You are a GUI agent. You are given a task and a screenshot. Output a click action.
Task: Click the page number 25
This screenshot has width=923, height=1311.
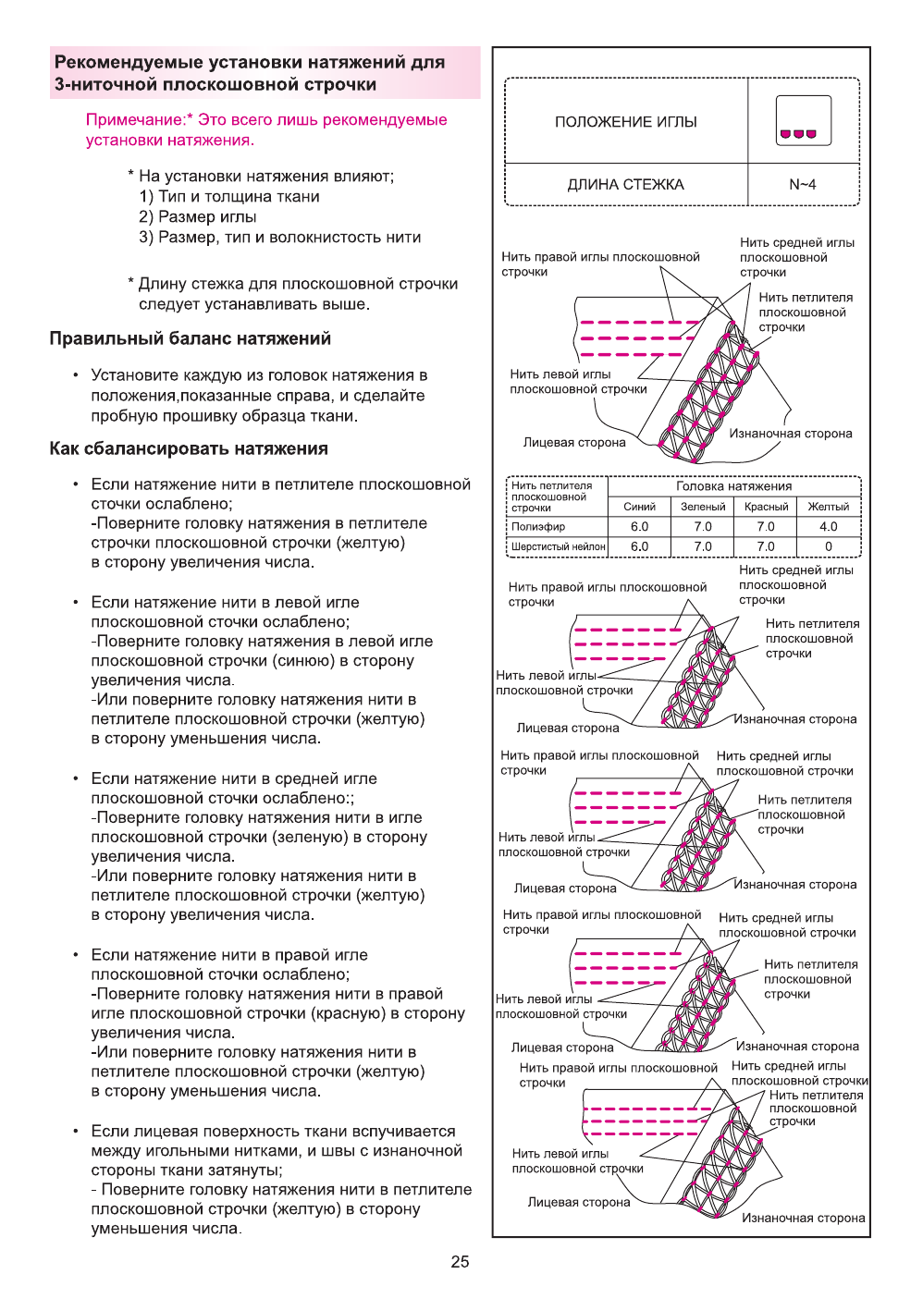coord(460,1261)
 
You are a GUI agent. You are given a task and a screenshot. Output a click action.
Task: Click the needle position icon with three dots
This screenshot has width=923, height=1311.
coord(803,121)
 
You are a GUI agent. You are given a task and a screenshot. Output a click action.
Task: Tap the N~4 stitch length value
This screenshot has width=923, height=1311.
coord(802,184)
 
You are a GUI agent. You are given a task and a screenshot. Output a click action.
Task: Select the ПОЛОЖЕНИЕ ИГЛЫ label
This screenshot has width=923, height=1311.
coord(625,122)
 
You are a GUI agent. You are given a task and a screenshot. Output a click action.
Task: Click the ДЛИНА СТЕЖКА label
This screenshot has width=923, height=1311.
coord(625,184)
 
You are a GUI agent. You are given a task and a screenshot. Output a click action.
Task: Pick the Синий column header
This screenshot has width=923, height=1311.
coord(639,507)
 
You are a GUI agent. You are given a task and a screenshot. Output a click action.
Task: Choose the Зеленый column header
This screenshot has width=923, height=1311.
coord(703,507)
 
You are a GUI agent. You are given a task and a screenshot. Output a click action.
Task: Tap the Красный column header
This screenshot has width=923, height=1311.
coord(766,507)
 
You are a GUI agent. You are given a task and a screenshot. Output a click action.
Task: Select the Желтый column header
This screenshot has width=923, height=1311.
coord(828,507)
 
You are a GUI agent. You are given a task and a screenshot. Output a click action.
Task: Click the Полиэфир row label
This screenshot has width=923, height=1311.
coord(537,526)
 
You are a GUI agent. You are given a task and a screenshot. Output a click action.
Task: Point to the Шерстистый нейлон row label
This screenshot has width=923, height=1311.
coord(558,546)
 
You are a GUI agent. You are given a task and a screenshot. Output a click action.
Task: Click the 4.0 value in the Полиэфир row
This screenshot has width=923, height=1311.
coord(828,526)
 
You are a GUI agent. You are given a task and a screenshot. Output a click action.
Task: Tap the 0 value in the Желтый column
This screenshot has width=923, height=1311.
coord(828,546)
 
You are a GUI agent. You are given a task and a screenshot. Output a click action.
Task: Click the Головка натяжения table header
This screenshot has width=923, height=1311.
coord(733,486)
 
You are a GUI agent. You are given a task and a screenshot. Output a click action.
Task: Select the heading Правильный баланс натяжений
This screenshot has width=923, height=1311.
coord(190,338)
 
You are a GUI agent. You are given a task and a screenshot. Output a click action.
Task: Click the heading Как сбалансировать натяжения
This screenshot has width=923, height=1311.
coord(188,448)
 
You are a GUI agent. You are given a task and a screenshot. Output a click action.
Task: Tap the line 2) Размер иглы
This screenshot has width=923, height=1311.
coord(197,217)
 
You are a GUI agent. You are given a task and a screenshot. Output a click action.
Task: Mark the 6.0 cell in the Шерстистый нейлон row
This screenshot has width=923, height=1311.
coord(639,546)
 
